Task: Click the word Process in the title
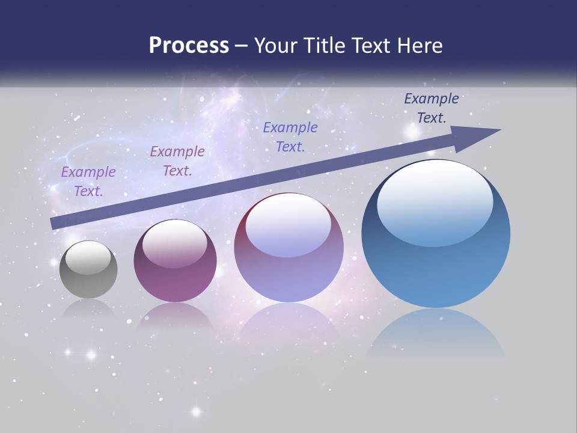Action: coord(189,46)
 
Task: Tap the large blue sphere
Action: coord(436,271)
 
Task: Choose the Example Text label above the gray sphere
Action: coord(88,182)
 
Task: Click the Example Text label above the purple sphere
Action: coord(177,161)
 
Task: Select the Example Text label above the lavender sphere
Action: coord(290,137)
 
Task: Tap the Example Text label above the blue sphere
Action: coord(432,108)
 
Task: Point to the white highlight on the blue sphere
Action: coord(435,203)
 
